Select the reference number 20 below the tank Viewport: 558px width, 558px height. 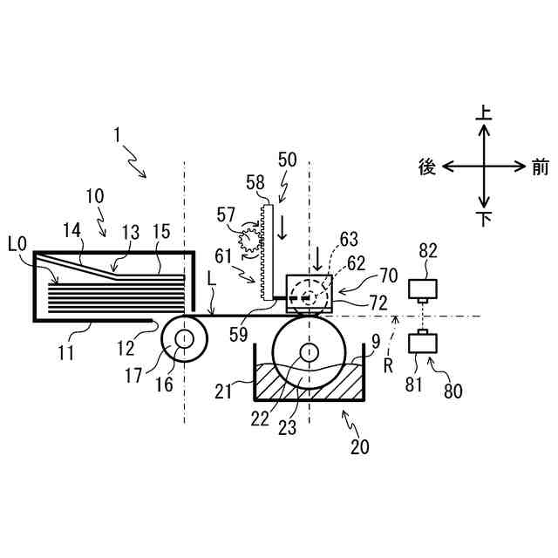(360, 447)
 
